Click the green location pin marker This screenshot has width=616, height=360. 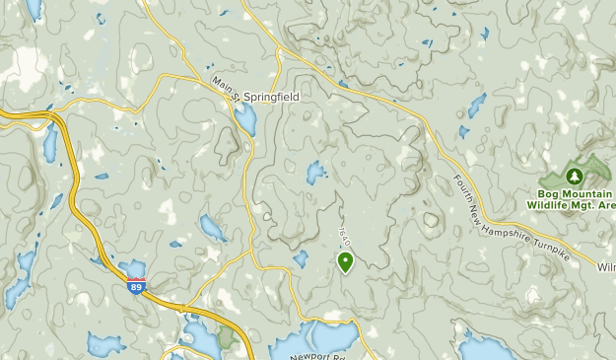tap(346, 261)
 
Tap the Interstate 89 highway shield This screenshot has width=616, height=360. tap(137, 285)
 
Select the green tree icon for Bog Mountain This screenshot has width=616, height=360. tap(577, 175)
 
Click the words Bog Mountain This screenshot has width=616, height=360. tap(576, 193)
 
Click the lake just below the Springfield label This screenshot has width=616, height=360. tap(245, 120)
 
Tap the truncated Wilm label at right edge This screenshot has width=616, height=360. tap(605, 267)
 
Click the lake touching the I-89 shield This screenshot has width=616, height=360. tap(132, 268)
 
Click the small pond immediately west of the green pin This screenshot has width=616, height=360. tap(301, 258)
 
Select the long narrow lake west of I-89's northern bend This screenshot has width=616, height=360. tap(49, 144)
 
